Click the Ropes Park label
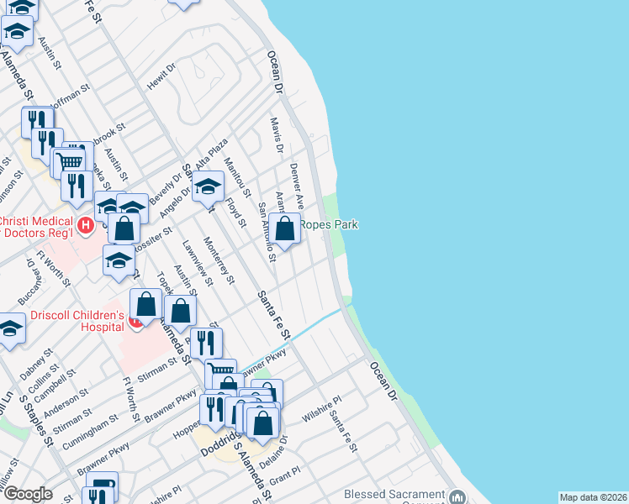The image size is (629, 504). tap(329, 224)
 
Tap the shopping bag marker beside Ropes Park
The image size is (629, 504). tap(285, 228)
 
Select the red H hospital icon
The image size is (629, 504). tap(85, 225)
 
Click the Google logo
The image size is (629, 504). tap(28, 494)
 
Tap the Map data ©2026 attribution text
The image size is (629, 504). tap(593, 497)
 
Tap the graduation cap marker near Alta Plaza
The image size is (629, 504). tap(208, 187)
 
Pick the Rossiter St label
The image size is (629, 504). tap(156, 242)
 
